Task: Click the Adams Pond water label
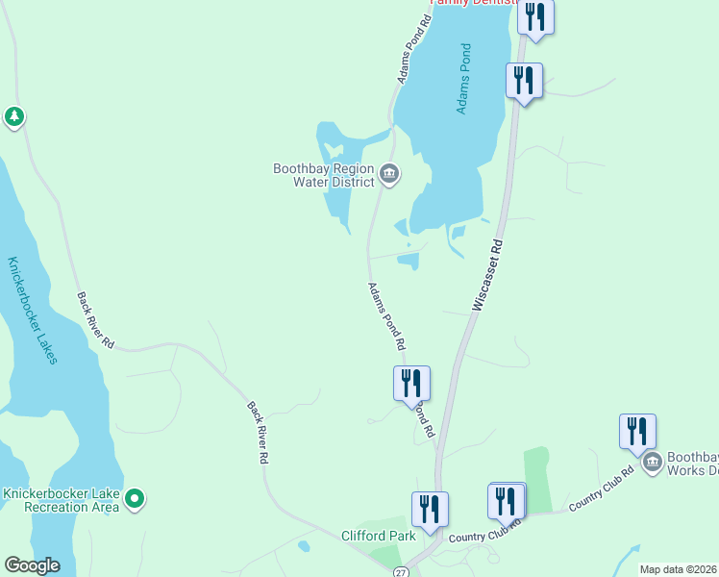tap(465, 79)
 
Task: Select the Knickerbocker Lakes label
tap(33, 310)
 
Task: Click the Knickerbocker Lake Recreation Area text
tap(61, 499)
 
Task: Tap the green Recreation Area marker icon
tap(136, 498)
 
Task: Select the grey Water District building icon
tap(389, 174)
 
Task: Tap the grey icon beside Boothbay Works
tap(652, 463)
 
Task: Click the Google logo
tap(32, 564)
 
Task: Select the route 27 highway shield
tap(401, 571)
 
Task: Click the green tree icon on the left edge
tap(13, 117)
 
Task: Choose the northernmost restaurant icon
tap(535, 17)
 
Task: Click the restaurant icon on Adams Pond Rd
tap(411, 382)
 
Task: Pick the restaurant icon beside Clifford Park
tap(430, 509)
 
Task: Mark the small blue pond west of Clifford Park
tap(304, 547)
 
